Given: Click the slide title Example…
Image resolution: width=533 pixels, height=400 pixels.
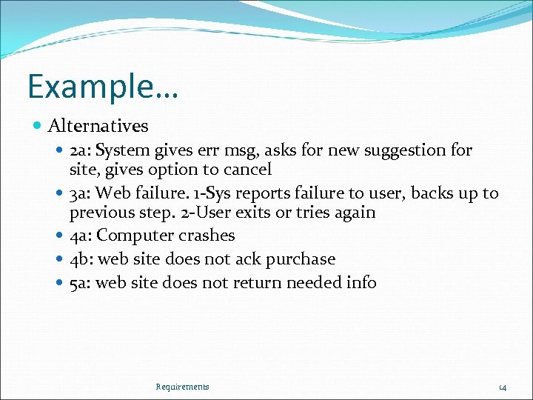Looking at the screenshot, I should pos(103,87).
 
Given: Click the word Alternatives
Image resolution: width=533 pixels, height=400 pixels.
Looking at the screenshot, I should pos(98,127).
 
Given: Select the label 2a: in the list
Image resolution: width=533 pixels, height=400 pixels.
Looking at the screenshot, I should pos(81,150).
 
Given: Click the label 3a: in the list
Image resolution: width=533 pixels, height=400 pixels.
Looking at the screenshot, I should pos(81,193).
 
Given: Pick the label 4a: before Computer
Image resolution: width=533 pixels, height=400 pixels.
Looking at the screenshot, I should pos(81,236).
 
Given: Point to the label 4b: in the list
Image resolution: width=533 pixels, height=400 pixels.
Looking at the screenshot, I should pos(81,259).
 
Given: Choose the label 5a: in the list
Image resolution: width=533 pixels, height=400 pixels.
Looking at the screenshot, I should pos(81,282).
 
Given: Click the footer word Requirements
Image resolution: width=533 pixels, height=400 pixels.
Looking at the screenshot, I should pos(183,387).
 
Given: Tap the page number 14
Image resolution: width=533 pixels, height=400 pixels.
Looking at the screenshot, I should pos(502,387).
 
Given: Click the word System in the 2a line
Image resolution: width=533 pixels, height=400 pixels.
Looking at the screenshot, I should pos(123,150).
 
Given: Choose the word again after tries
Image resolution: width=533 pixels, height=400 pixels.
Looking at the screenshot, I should pos(355,213).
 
